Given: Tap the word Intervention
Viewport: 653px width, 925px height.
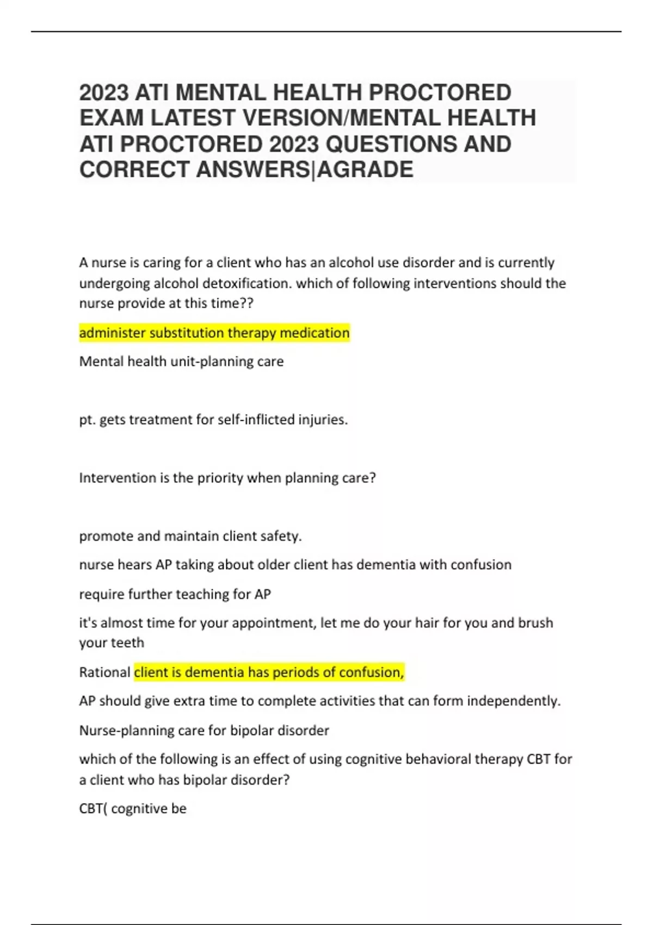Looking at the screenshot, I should tap(118, 478).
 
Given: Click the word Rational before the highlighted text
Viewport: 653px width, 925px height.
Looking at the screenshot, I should tap(104, 673).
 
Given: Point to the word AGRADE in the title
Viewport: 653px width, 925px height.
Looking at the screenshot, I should tap(365, 170).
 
